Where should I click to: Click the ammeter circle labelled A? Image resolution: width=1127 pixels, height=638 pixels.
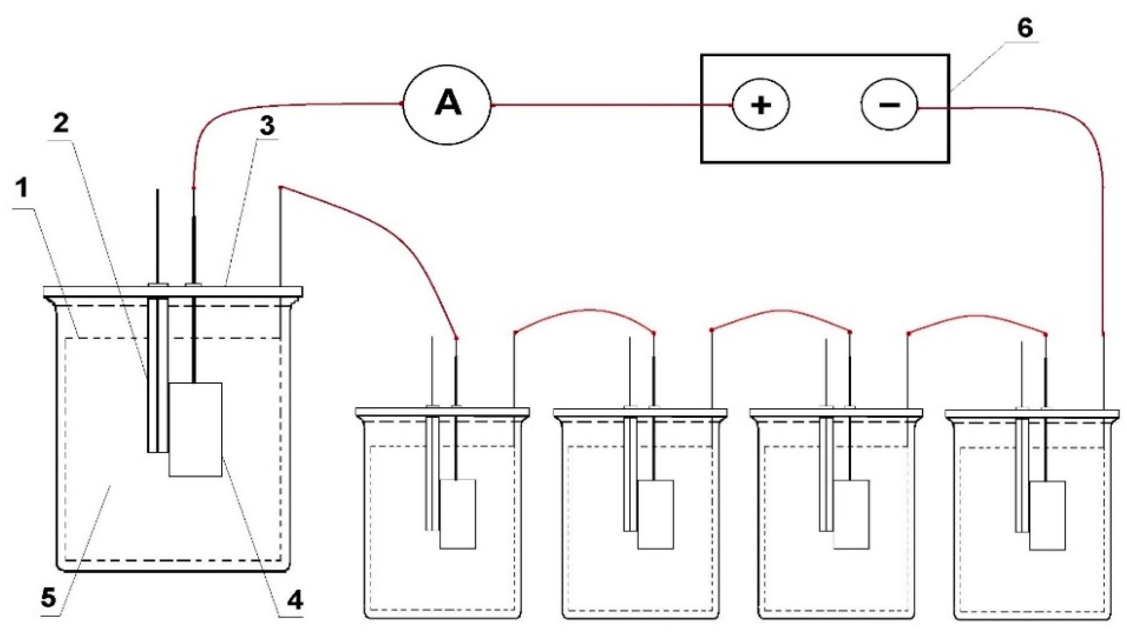[447, 104]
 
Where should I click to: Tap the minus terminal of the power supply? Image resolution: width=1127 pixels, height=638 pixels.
[889, 105]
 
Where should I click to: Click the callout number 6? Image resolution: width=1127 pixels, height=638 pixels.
[1025, 28]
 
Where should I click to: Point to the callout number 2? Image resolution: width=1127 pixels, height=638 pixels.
[61, 123]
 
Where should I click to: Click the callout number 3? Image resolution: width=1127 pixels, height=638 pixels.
[267, 126]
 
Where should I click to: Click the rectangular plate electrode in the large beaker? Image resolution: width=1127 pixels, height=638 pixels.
[196, 429]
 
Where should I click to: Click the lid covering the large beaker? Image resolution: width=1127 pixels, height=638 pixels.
[173, 291]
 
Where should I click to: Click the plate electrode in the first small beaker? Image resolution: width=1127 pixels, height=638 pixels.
[457, 513]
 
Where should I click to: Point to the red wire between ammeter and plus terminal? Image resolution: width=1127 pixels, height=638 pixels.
[609, 105]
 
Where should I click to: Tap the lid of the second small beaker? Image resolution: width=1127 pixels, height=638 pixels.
[640, 412]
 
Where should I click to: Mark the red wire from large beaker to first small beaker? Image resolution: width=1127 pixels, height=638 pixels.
[395, 232]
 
